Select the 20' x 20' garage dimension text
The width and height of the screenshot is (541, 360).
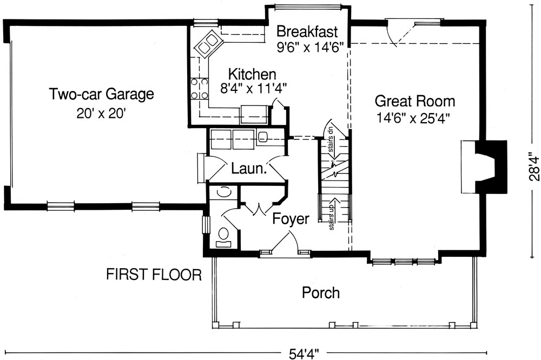(x=102, y=114)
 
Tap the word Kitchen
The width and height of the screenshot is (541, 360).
(x=252, y=74)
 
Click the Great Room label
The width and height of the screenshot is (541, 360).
(x=415, y=101)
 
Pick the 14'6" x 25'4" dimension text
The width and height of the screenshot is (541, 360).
(x=415, y=117)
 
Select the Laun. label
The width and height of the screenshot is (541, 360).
(x=249, y=168)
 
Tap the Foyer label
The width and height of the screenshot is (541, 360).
(x=291, y=219)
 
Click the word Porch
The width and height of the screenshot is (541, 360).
(x=321, y=293)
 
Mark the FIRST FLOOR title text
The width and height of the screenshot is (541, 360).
(x=154, y=275)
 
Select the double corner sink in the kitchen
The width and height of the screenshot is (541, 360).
(x=208, y=44)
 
